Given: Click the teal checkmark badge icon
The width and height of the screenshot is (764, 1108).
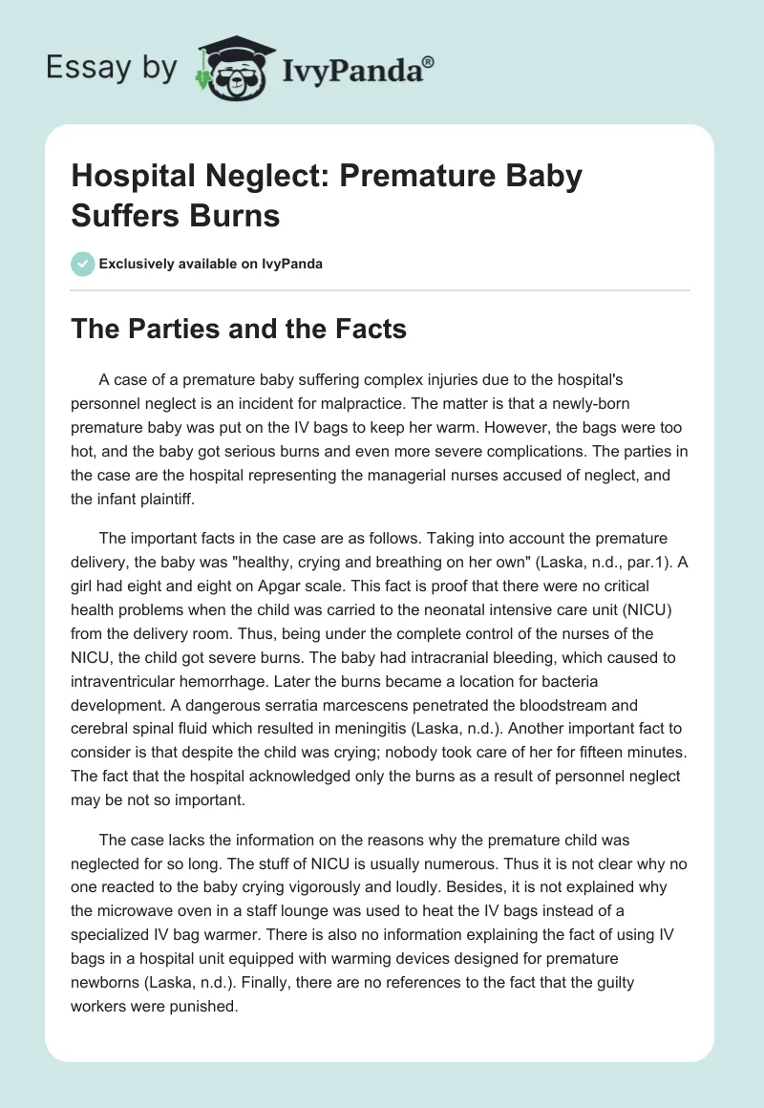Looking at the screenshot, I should click(83, 264).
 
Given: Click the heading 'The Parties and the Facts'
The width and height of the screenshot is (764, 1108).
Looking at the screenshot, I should click(240, 330).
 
